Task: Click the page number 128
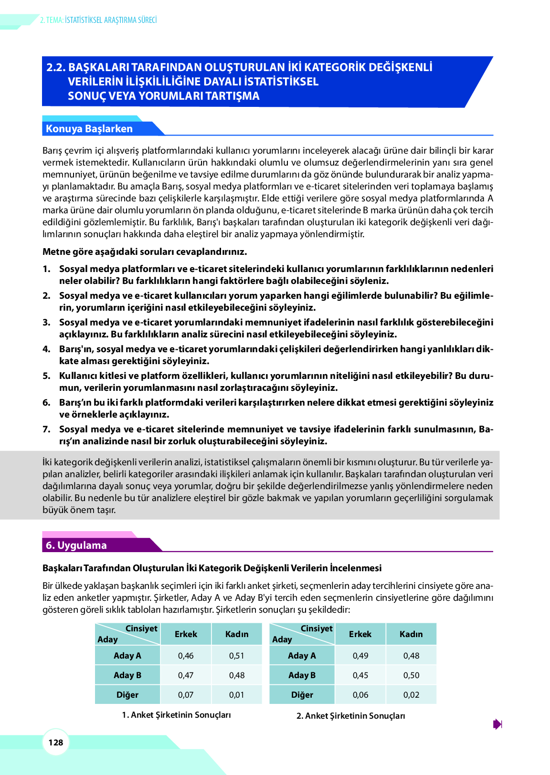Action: (56, 742)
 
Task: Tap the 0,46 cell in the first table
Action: (186, 656)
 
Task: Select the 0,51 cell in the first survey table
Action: (237, 656)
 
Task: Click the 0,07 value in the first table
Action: (186, 695)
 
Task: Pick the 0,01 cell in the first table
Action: (237, 695)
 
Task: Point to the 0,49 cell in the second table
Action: (360, 656)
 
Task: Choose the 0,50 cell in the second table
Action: (411, 675)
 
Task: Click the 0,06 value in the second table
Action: (360, 695)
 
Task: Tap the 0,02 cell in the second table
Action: (411, 695)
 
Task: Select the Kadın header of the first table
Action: (237, 634)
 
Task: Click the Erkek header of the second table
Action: (360, 634)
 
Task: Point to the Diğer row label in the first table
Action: (127, 695)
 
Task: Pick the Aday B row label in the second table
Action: (302, 675)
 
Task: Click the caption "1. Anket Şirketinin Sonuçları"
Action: (176, 715)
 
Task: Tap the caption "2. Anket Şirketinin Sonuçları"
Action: (351, 716)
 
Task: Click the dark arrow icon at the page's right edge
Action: (497, 724)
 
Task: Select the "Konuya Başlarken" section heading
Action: (89, 129)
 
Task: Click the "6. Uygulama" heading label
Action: (76, 545)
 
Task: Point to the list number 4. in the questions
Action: (46, 349)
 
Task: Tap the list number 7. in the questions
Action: (46, 429)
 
